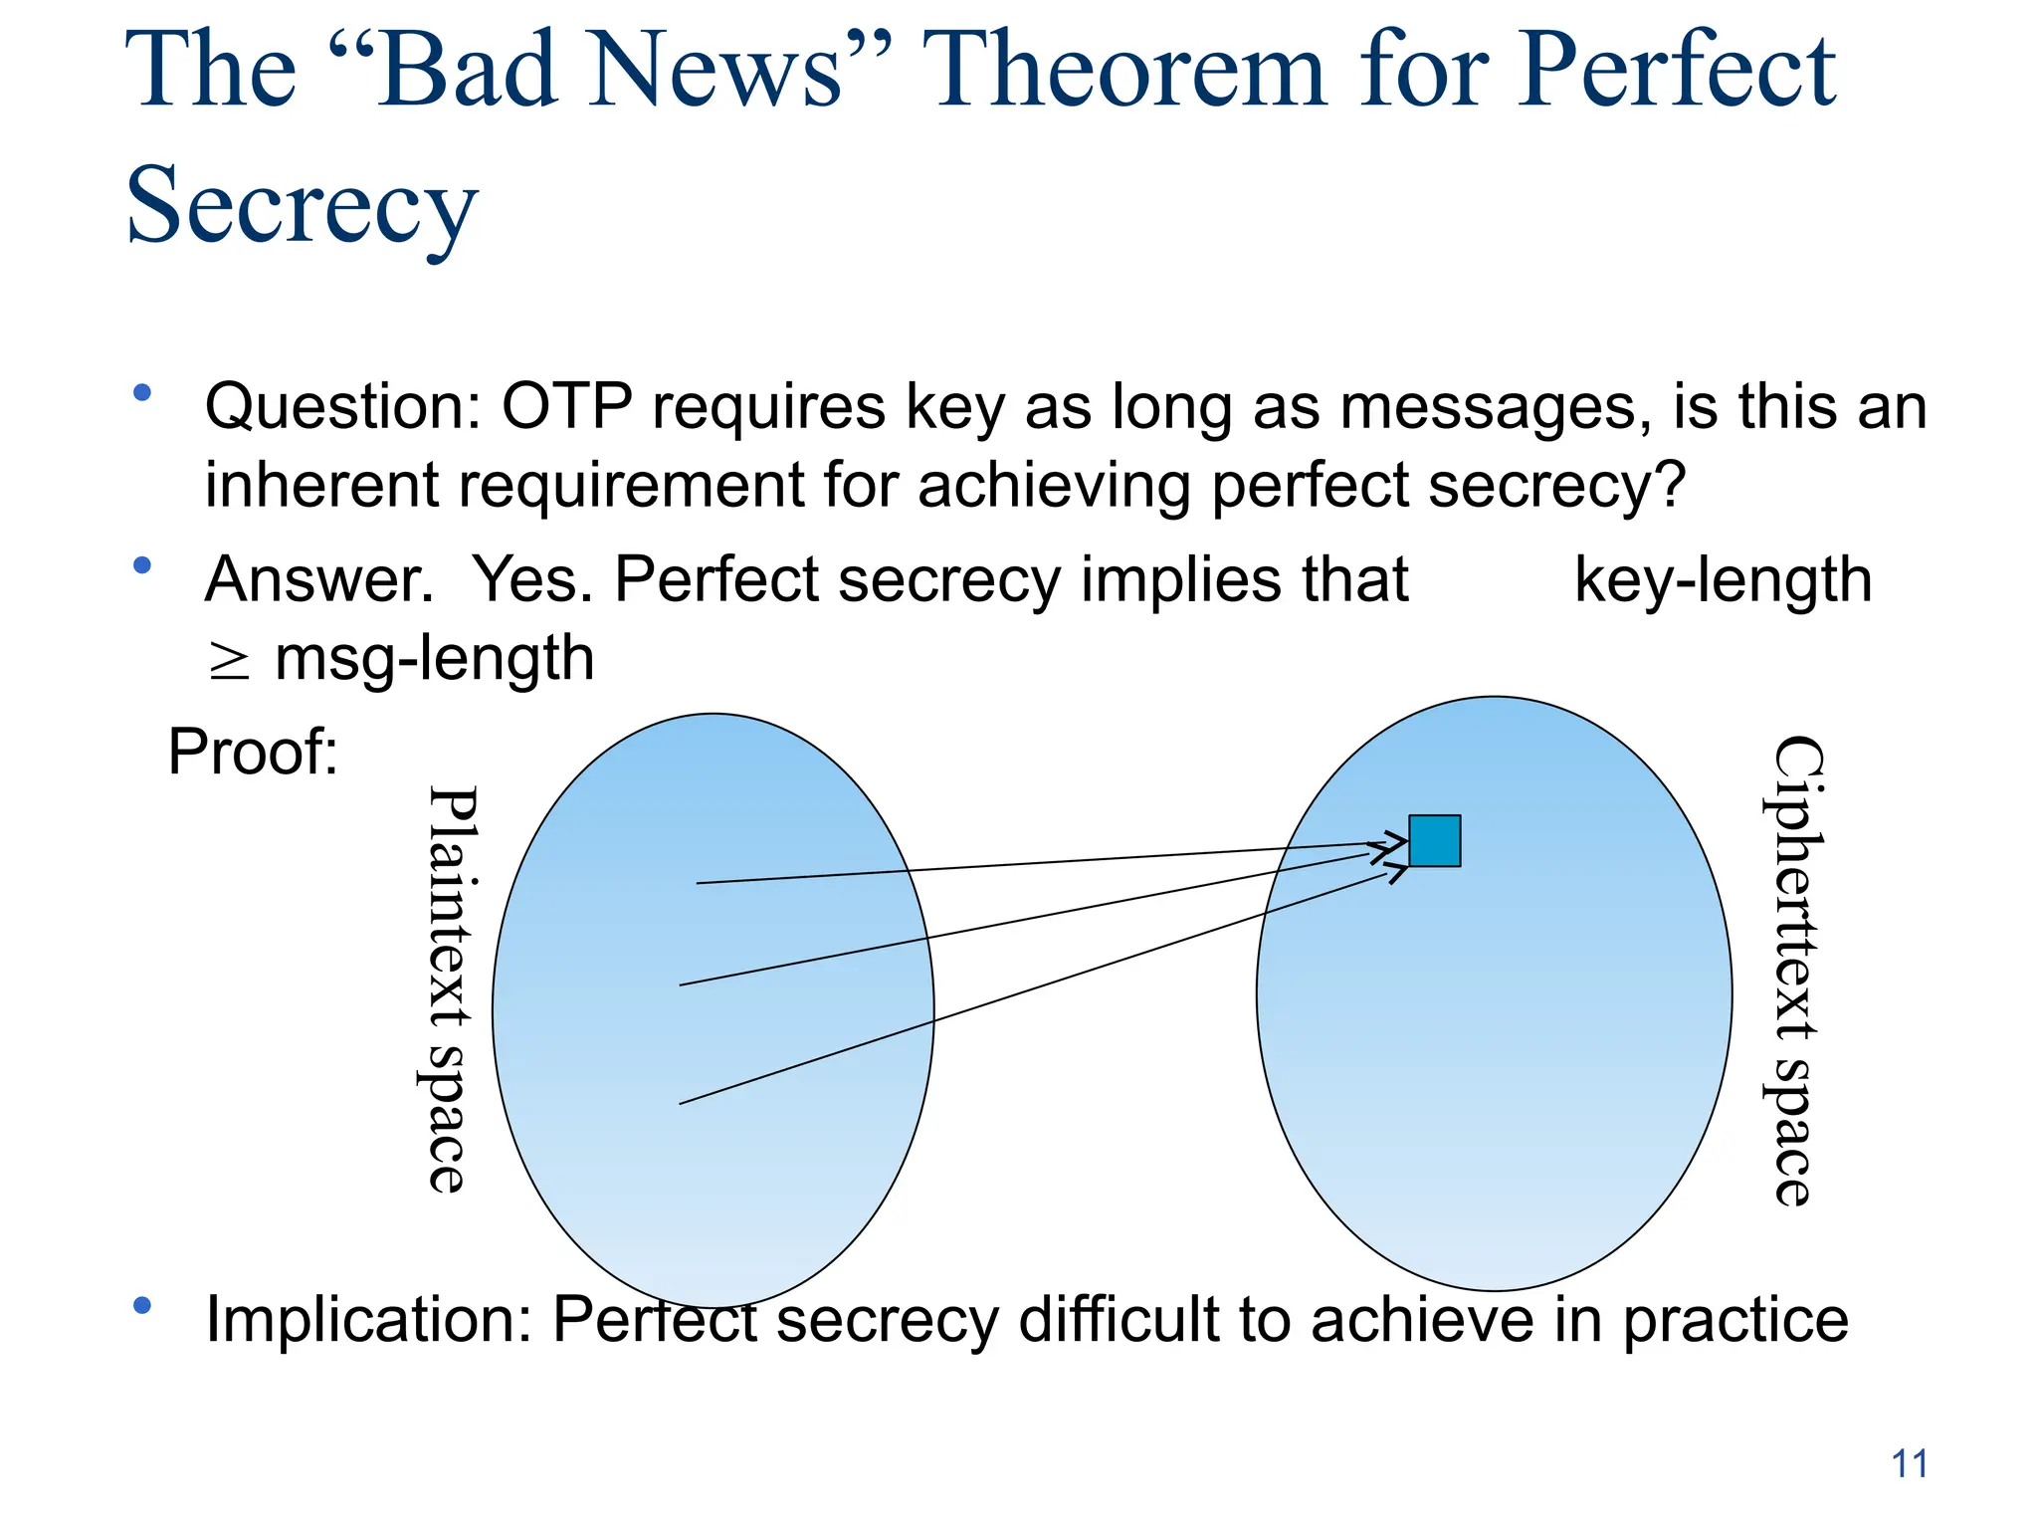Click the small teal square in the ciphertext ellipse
[x=1434, y=840]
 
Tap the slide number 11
[x=1909, y=1464]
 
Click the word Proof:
[x=253, y=752]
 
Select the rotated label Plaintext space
[x=446, y=988]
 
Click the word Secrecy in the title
[x=302, y=205]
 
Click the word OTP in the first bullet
[x=566, y=407]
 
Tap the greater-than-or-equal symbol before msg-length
[x=229, y=661]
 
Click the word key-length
[x=1723, y=580]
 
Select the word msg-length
[x=435, y=659]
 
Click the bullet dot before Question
[x=142, y=393]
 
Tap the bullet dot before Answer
[x=142, y=565]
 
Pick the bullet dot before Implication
[x=142, y=1305]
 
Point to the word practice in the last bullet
[x=1735, y=1322]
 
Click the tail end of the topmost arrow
[x=699, y=883]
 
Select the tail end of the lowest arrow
[x=682, y=1103]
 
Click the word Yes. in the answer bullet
[x=531, y=579]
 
